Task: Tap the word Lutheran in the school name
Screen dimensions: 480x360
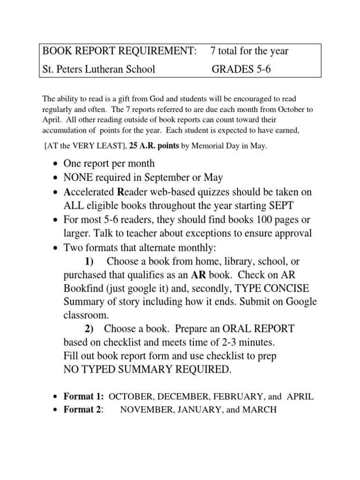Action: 110,70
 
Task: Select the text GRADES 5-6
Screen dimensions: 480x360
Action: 241,70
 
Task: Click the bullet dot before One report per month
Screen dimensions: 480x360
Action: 56,165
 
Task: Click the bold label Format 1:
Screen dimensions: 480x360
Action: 83,397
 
